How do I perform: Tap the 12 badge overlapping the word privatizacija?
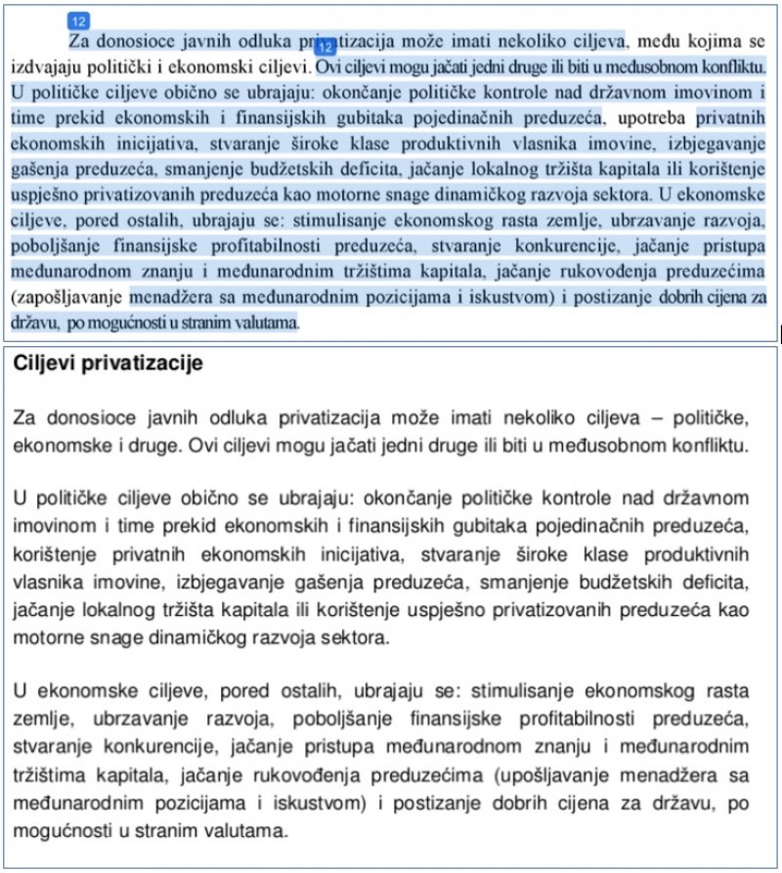(326, 45)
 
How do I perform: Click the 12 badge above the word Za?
(77, 20)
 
